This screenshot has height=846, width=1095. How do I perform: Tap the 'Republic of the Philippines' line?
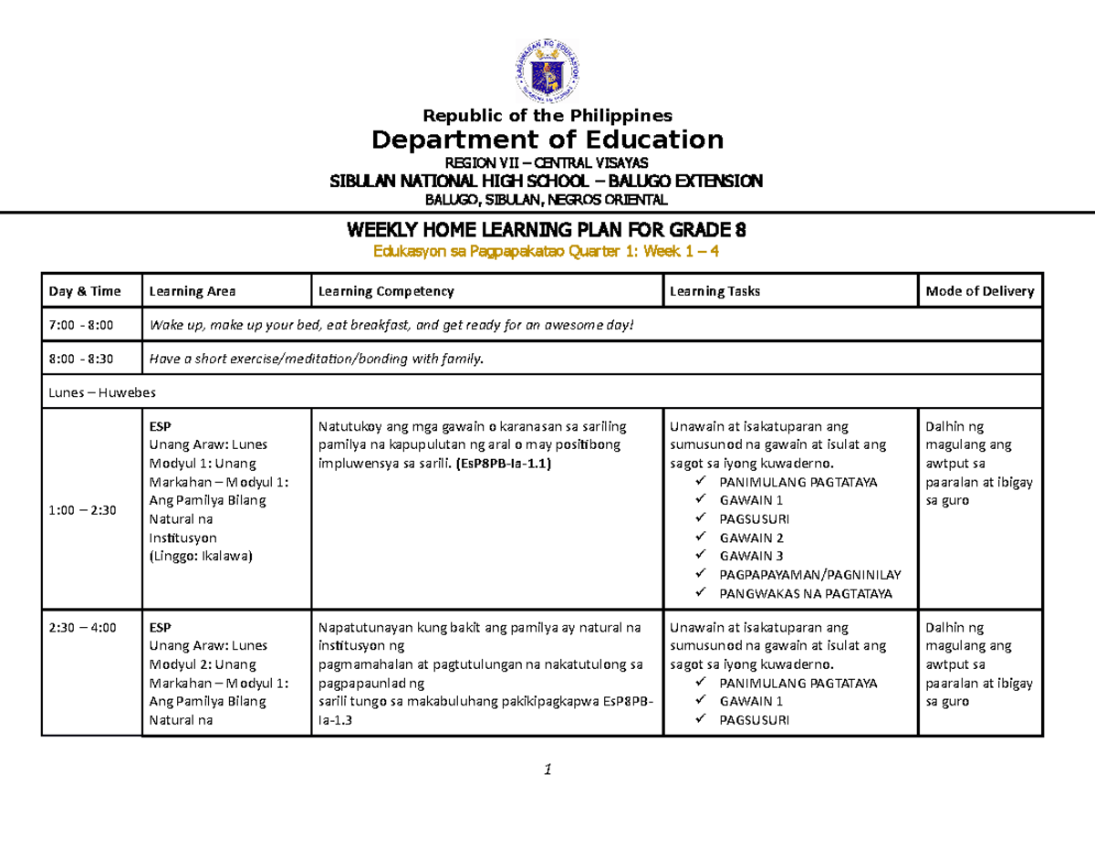[546, 115]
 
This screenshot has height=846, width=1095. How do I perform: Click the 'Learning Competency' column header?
[384, 291]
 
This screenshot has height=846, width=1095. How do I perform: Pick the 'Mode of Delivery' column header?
[979, 291]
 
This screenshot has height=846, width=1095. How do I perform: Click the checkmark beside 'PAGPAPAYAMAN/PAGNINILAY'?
[700, 575]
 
